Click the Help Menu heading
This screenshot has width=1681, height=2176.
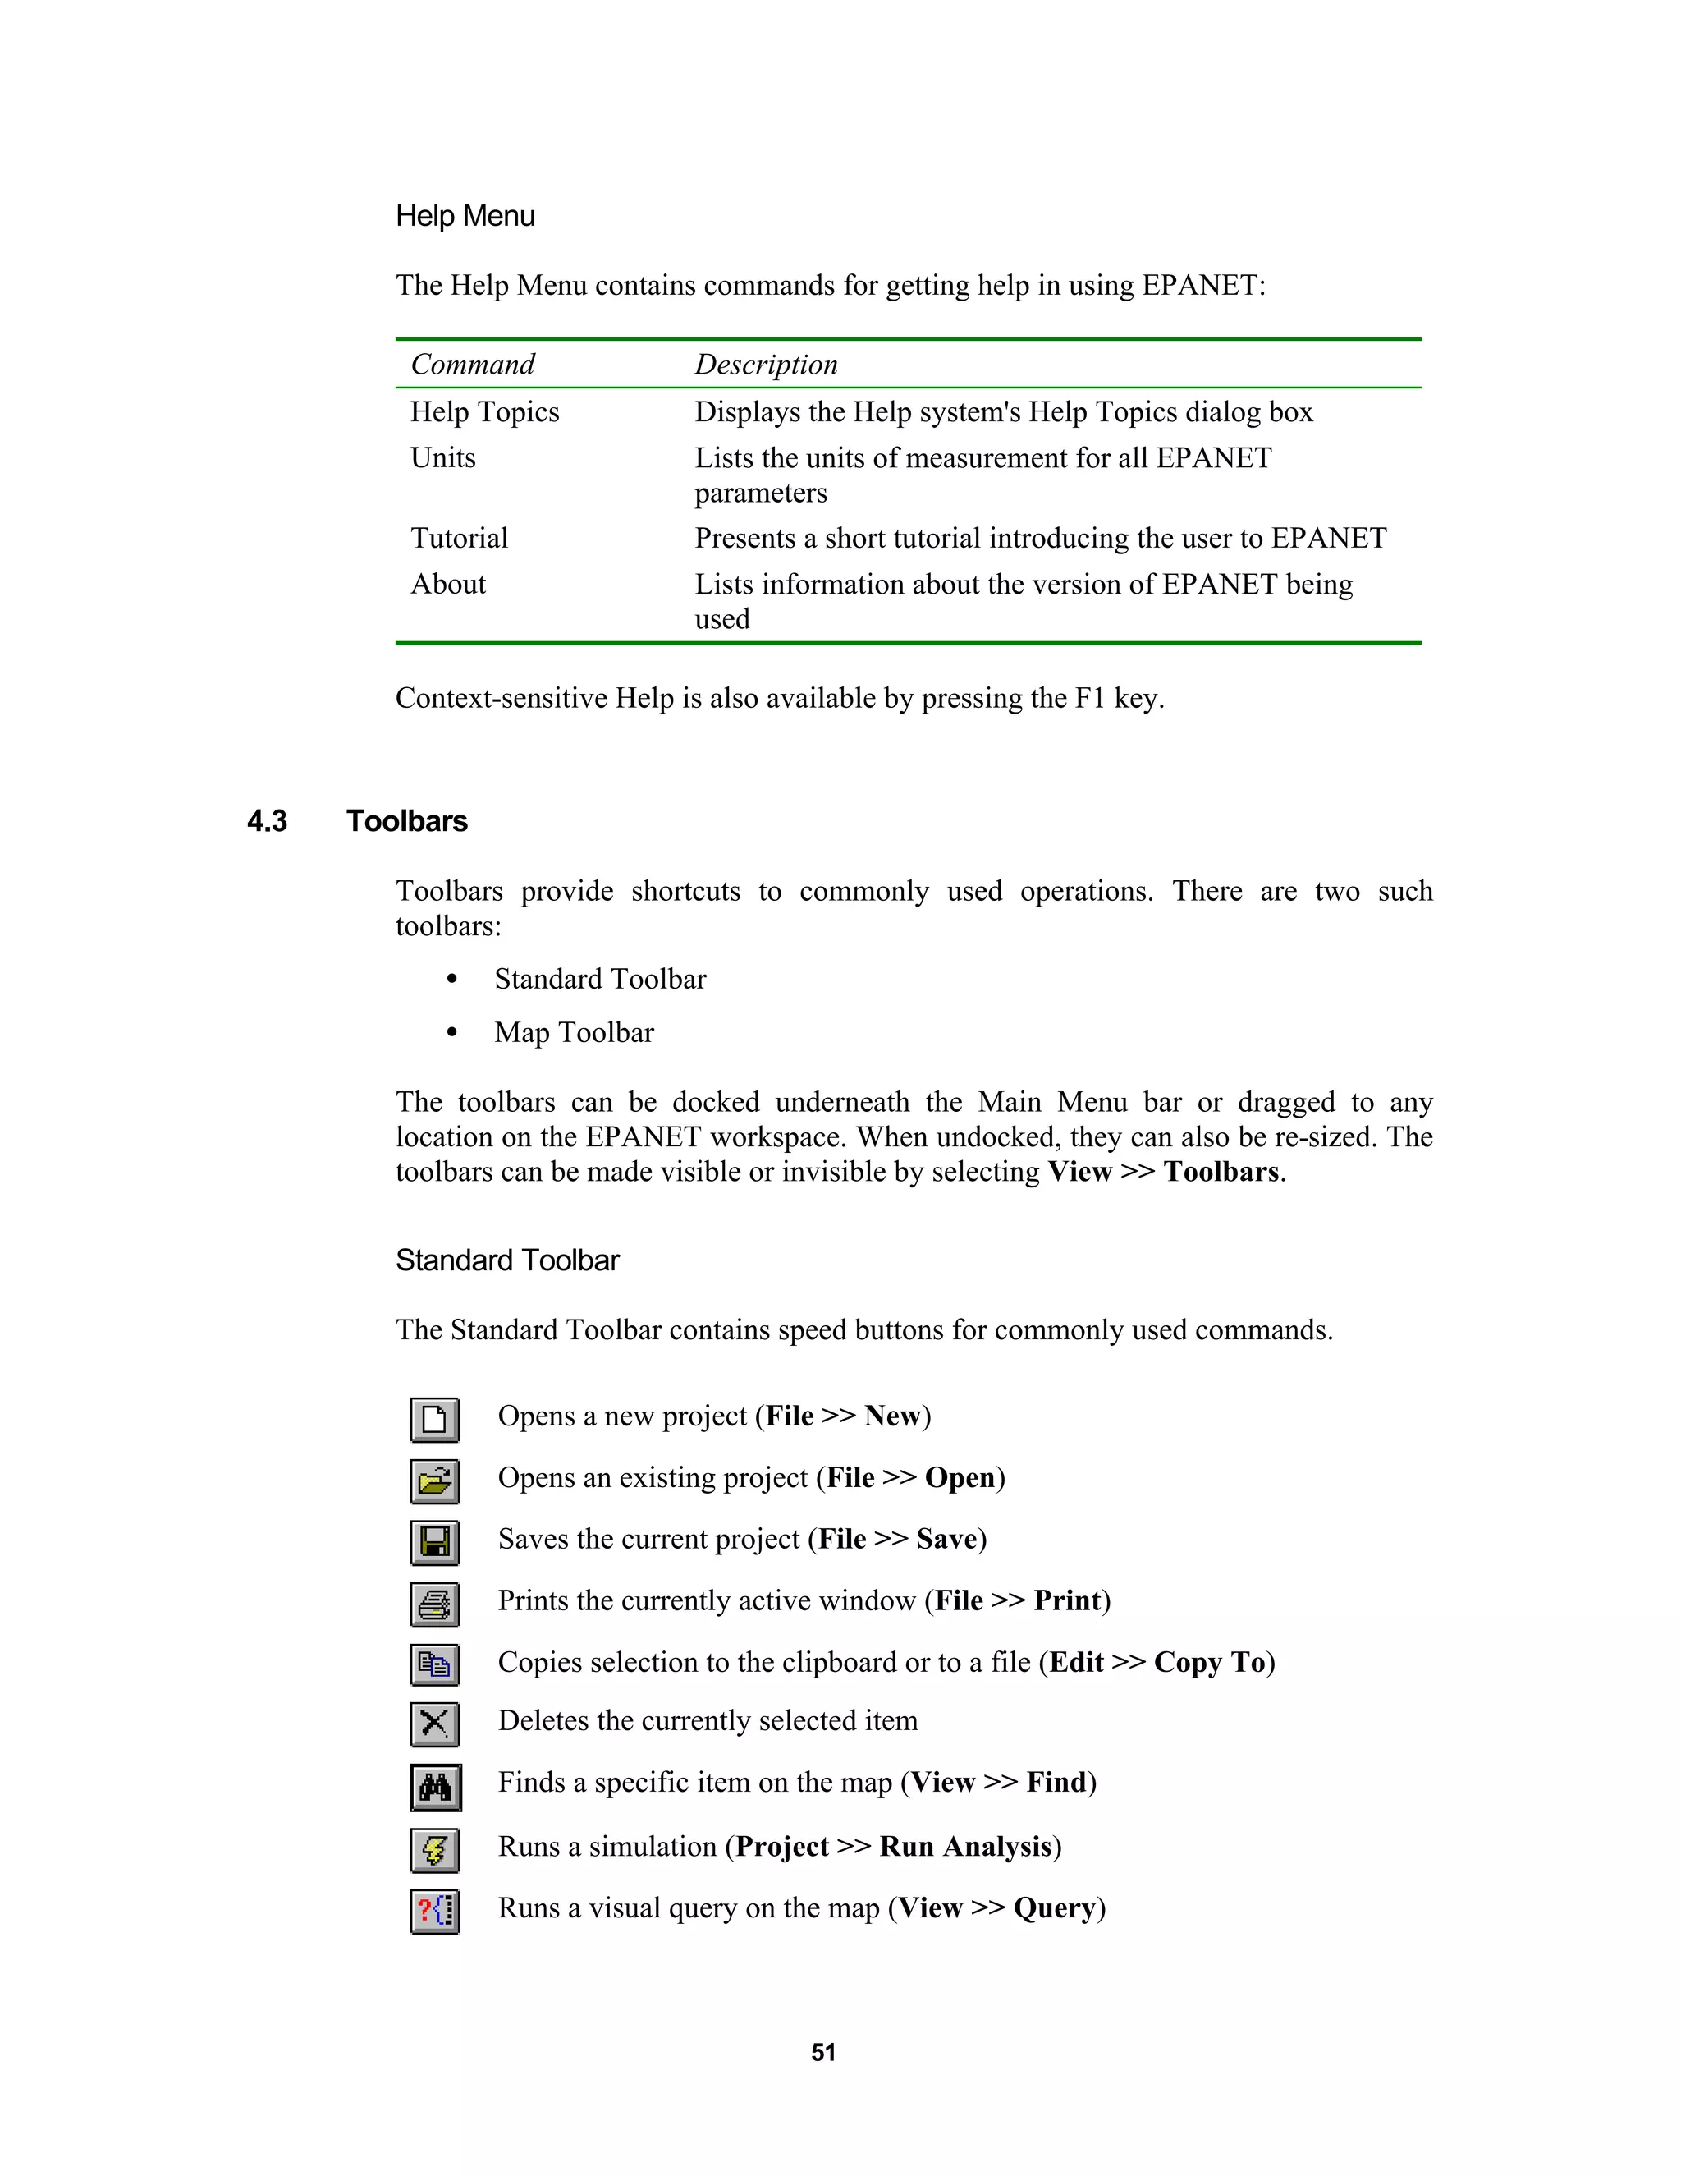(x=465, y=216)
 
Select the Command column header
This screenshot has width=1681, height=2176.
(x=473, y=365)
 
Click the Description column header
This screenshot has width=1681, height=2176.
(x=766, y=365)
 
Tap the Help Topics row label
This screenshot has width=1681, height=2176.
(x=485, y=412)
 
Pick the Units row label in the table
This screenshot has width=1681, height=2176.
(x=443, y=458)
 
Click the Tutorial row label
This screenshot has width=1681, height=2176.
(x=459, y=539)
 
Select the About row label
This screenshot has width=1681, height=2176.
(x=448, y=585)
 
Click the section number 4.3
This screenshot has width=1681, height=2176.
(x=267, y=822)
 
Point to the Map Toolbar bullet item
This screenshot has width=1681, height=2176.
(x=574, y=1033)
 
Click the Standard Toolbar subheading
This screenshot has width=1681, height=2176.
(x=507, y=1261)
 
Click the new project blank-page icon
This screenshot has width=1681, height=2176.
(x=435, y=1420)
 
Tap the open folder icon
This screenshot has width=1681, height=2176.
(x=435, y=1481)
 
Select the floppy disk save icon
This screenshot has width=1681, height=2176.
(x=435, y=1542)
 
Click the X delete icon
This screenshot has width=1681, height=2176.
(x=435, y=1724)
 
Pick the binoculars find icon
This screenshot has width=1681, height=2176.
(x=435, y=1788)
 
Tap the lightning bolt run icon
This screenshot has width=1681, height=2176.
(x=435, y=1850)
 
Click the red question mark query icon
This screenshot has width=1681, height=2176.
(x=435, y=1911)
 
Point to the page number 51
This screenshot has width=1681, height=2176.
(x=823, y=2054)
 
